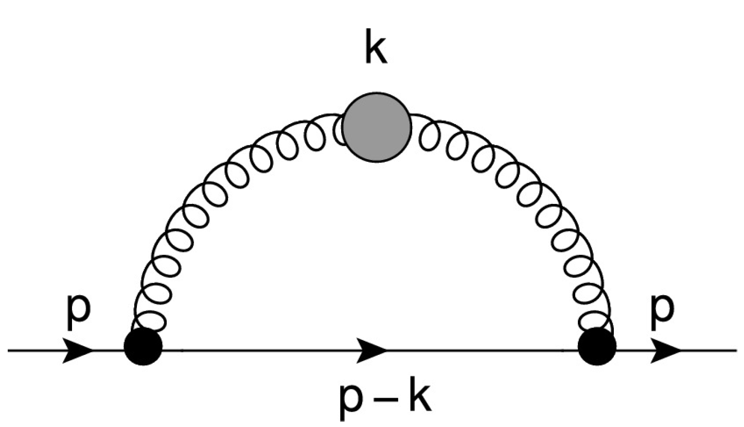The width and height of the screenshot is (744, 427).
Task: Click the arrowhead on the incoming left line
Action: [x=78, y=351]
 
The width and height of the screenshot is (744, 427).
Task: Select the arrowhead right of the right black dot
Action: [x=667, y=351]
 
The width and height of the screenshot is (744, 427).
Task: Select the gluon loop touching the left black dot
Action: [x=153, y=319]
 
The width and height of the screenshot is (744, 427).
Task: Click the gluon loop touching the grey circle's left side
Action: [x=339, y=131]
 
